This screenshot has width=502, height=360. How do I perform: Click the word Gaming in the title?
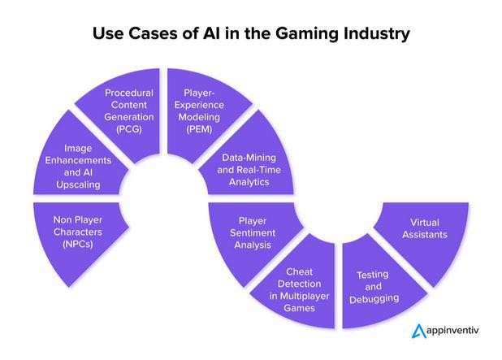307,33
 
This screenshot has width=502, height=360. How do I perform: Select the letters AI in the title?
211,33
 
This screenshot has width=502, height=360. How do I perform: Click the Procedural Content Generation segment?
129,111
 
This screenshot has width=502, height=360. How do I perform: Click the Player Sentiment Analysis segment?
253,233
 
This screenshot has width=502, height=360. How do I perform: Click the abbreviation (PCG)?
129,129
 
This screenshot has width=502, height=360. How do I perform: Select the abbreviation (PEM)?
199,129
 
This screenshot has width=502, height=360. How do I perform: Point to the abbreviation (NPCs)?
78,244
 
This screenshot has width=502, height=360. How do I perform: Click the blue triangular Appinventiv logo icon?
419,332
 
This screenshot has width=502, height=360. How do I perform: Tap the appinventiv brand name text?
453,331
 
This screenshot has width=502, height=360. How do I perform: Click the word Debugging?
374,299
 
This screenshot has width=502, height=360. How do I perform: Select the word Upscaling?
79,184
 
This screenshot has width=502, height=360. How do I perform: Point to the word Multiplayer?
305,296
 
